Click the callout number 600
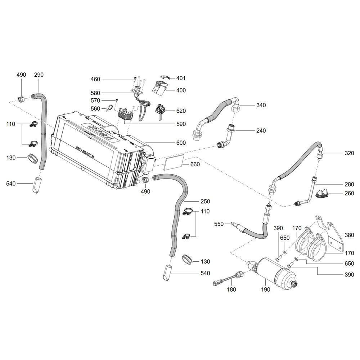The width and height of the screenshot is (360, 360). (x=181, y=143)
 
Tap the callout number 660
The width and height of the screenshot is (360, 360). (x=195, y=164)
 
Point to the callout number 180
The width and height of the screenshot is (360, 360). (x=231, y=289)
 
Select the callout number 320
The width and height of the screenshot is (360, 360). (x=349, y=153)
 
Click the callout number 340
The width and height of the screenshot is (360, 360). (x=261, y=105)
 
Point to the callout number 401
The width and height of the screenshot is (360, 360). (x=181, y=78)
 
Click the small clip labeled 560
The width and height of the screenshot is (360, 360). (x=109, y=107)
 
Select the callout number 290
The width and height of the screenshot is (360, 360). (x=39, y=75)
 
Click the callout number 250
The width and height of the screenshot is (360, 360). (x=205, y=201)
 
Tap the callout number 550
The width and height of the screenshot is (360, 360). (x=219, y=224)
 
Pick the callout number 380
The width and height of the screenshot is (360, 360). (x=349, y=235)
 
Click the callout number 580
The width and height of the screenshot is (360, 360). (x=95, y=93)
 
